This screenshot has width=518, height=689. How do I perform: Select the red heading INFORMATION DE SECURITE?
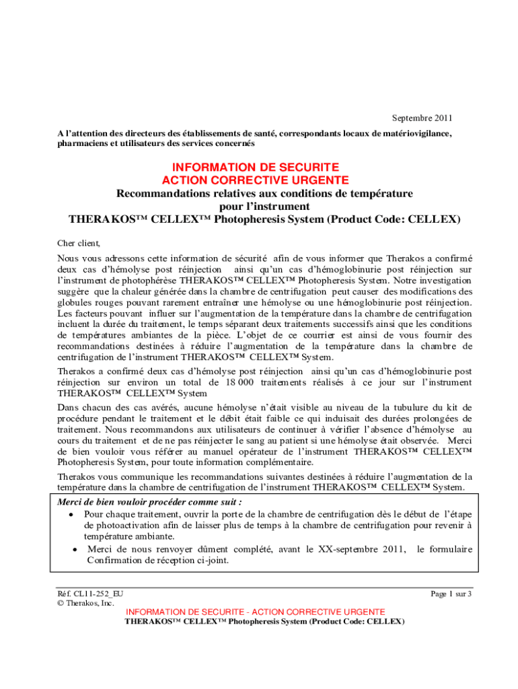[255, 167]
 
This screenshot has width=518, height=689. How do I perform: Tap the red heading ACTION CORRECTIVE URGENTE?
[255, 180]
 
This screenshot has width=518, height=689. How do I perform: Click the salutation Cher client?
[79, 244]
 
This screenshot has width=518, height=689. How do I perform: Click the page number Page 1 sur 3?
[451, 593]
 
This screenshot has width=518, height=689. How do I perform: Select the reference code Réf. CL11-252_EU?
[90, 593]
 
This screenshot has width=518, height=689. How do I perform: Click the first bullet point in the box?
[71, 514]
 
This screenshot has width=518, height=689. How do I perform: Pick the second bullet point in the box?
[75, 550]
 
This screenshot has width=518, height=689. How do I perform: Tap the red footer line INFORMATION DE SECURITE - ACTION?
[256, 612]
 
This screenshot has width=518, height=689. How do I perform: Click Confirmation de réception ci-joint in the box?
[156, 560]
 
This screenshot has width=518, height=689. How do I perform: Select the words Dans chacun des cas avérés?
[118, 408]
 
